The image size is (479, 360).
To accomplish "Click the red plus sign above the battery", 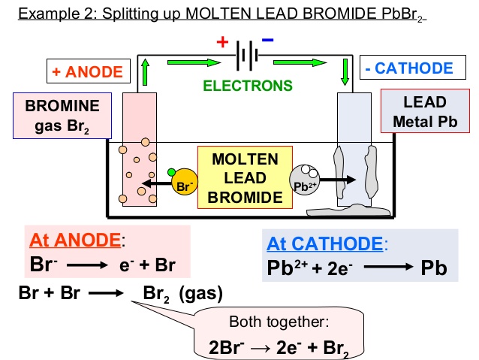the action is (222, 41).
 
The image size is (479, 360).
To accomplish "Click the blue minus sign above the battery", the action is (267, 40).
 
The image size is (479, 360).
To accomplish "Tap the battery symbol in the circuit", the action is (247, 56).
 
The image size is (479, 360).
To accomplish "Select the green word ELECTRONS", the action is (248, 86).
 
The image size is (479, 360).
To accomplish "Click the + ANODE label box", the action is (89, 71).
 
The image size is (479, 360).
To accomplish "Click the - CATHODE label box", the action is (413, 68).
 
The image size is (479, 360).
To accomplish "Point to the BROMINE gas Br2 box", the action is (62, 116).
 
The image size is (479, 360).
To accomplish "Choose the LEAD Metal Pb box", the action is (425, 111).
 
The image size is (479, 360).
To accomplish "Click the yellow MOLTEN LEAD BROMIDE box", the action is (245, 177).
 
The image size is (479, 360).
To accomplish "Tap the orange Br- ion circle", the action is (185, 182).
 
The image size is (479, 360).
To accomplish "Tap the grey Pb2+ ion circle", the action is (305, 180).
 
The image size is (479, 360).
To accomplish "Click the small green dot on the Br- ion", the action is (172, 172).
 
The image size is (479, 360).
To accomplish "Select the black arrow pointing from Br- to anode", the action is (157, 183).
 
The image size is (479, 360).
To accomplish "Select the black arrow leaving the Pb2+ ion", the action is (338, 180).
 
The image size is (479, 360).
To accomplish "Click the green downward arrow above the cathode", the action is (345, 72).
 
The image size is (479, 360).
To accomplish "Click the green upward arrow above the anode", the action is (146, 72).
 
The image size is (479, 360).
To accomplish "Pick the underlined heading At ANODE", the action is (75, 240).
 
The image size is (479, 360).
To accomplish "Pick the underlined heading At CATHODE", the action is (325, 244).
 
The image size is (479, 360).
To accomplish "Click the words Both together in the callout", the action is (279, 322).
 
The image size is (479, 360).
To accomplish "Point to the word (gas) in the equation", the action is (200, 294).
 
